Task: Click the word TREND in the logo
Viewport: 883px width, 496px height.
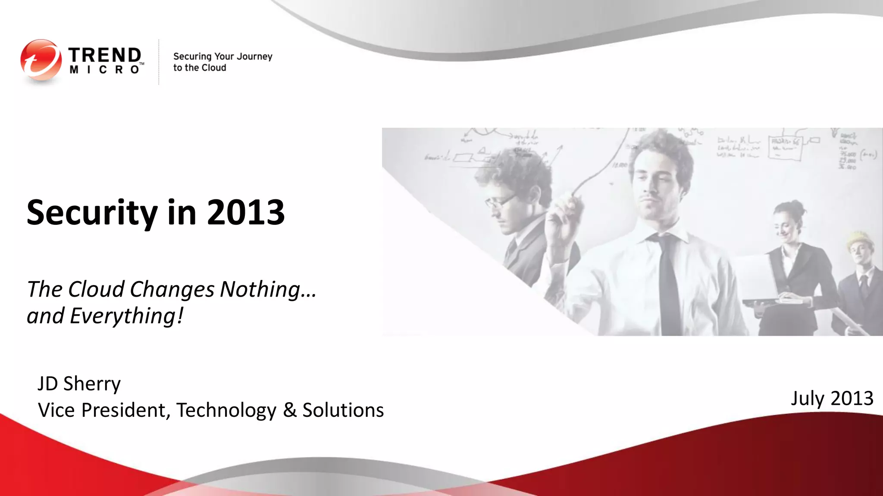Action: click(x=105, y=55)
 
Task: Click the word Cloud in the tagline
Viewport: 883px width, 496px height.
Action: click(x=214, y=68)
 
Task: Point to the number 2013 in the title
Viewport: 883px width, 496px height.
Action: click(x=246, y=212)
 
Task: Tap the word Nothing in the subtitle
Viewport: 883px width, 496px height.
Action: click(x=268, y=289)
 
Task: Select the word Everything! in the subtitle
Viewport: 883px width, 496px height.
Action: click(x=127, y=316)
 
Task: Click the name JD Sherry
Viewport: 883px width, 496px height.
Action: click(x=79, y=384)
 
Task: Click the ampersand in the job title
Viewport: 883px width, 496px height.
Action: click(x=290, y=410)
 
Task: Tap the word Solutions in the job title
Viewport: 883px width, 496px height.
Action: click(x=343, y=410)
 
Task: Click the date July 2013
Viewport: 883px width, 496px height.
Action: click(x=832, y=398)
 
